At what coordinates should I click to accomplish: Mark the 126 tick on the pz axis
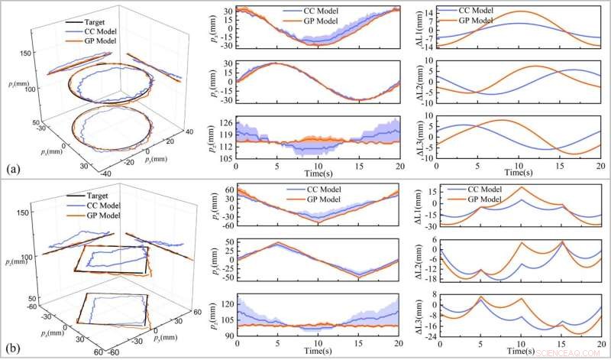pyautogui.click(x=226, y=124)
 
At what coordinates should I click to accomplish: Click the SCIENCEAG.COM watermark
pyautogui.click(x=568, y=353)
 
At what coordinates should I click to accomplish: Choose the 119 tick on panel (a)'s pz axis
pyautogui.click(x=226, y=135)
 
